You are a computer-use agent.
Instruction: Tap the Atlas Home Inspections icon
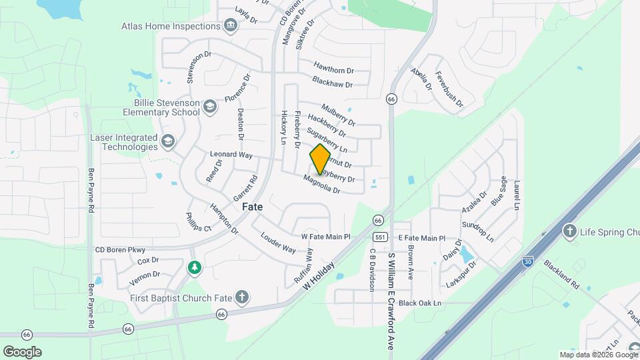click(x=230, y=27)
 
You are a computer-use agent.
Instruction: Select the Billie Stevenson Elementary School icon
click(x=210, y=107)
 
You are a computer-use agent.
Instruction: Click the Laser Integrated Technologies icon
click(x=167, y=142)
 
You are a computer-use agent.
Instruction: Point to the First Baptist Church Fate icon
click(x=241, y=297)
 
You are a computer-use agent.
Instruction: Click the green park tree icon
click(x=194, y=267)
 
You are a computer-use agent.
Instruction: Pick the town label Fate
click(x=252, y=207)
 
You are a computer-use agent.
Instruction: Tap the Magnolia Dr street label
click(x=322, y=184)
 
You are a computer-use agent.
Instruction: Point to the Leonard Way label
click(x=231, y=154)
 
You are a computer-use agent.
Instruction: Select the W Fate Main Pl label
click(x=326, y=237)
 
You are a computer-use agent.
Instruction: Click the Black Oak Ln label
click(x=420, y=303)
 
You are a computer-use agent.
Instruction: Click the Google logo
click(x=22, y=351)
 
